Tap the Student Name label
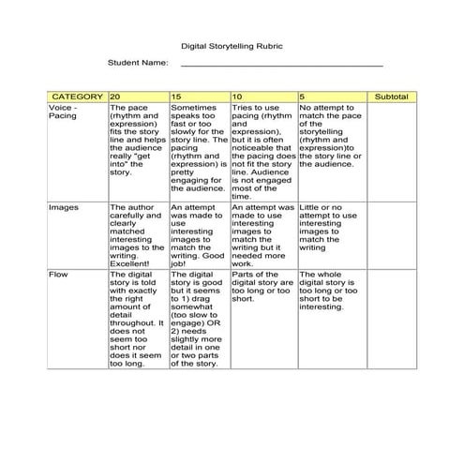point(138,63)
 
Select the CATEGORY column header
point(77,97)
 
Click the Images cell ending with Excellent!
point(138,234)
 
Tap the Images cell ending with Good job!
point(199,234)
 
